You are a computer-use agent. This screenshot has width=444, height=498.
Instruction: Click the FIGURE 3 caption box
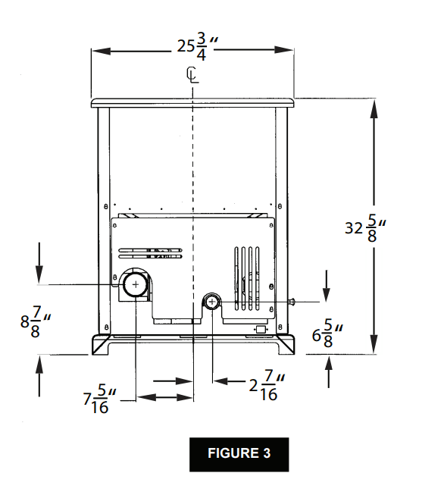(x=239, y=454)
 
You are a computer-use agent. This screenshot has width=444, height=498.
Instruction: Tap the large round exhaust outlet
(x=136, y=284)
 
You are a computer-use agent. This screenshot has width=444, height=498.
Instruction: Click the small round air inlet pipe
(x=211, y=302)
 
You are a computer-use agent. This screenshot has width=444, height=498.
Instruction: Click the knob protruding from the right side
(x=291, y=302)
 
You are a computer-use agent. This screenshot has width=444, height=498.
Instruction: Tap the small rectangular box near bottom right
(x=260, y=329)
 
